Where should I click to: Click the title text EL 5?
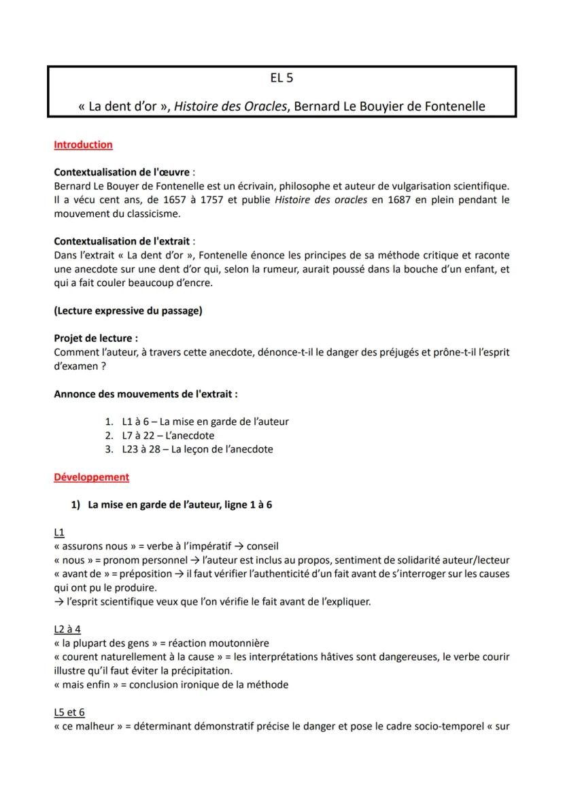[x=281, y=78]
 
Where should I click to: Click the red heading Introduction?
[x=83, y=145]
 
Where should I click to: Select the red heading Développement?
[x=91, y=477]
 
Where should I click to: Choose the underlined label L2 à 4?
[x=67, y=629]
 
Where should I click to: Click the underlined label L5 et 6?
[x=69, y=712]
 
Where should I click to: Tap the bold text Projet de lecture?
[x=95, y=339]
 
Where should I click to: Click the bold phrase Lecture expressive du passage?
[x=128, y=311]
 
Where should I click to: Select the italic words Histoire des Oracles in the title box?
[x=231, y=107]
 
